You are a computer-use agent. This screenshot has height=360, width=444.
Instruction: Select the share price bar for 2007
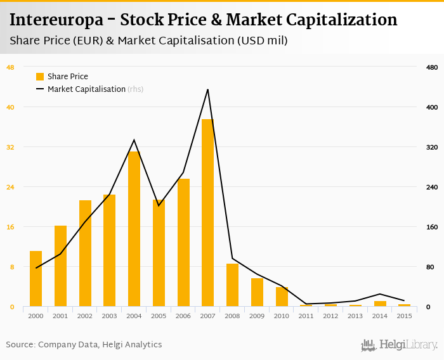pos(207,212)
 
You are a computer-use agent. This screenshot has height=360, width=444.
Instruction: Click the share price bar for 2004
pos(134,229)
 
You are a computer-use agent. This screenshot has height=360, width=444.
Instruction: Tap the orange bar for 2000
pos(36,279)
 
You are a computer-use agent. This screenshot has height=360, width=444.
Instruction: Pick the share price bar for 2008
pos(232,285)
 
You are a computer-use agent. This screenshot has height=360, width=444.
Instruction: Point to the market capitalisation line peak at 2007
pos(207,89)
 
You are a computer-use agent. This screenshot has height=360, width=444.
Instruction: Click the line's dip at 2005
pos(159,205)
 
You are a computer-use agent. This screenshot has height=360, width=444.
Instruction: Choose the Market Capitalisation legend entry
pos(86,89)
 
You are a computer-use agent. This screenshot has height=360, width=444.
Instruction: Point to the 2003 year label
pos(109,316)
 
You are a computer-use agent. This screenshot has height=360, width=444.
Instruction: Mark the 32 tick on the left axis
pos(10,147)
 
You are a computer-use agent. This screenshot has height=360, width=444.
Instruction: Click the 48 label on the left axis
pos(10,67)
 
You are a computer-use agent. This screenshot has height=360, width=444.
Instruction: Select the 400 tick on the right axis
pos(432,107)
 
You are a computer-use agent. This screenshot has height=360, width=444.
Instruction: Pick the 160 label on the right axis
pos(432,227)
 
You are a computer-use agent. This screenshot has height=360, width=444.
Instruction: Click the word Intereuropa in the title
pos(56,20)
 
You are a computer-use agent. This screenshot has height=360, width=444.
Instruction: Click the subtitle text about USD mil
pos(148,41)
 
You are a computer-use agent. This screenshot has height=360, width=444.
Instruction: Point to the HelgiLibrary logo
pos(399,345)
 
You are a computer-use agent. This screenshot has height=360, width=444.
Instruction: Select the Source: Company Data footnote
pos(84,345)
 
